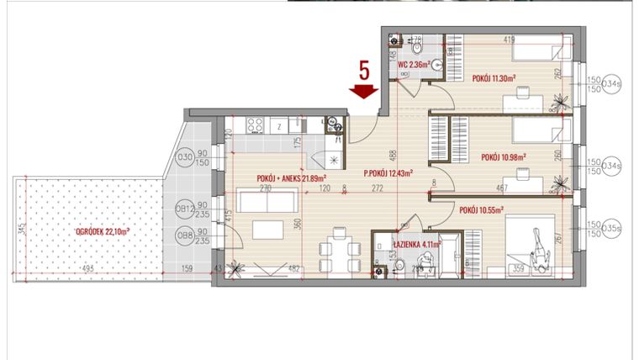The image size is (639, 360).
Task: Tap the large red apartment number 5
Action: pos(364,69)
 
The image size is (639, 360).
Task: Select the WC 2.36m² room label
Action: pos(414,64)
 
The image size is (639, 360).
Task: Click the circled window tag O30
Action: pos(185,157)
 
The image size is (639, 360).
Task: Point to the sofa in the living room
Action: pos(265,201)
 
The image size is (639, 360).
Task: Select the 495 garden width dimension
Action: pos(87,269)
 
